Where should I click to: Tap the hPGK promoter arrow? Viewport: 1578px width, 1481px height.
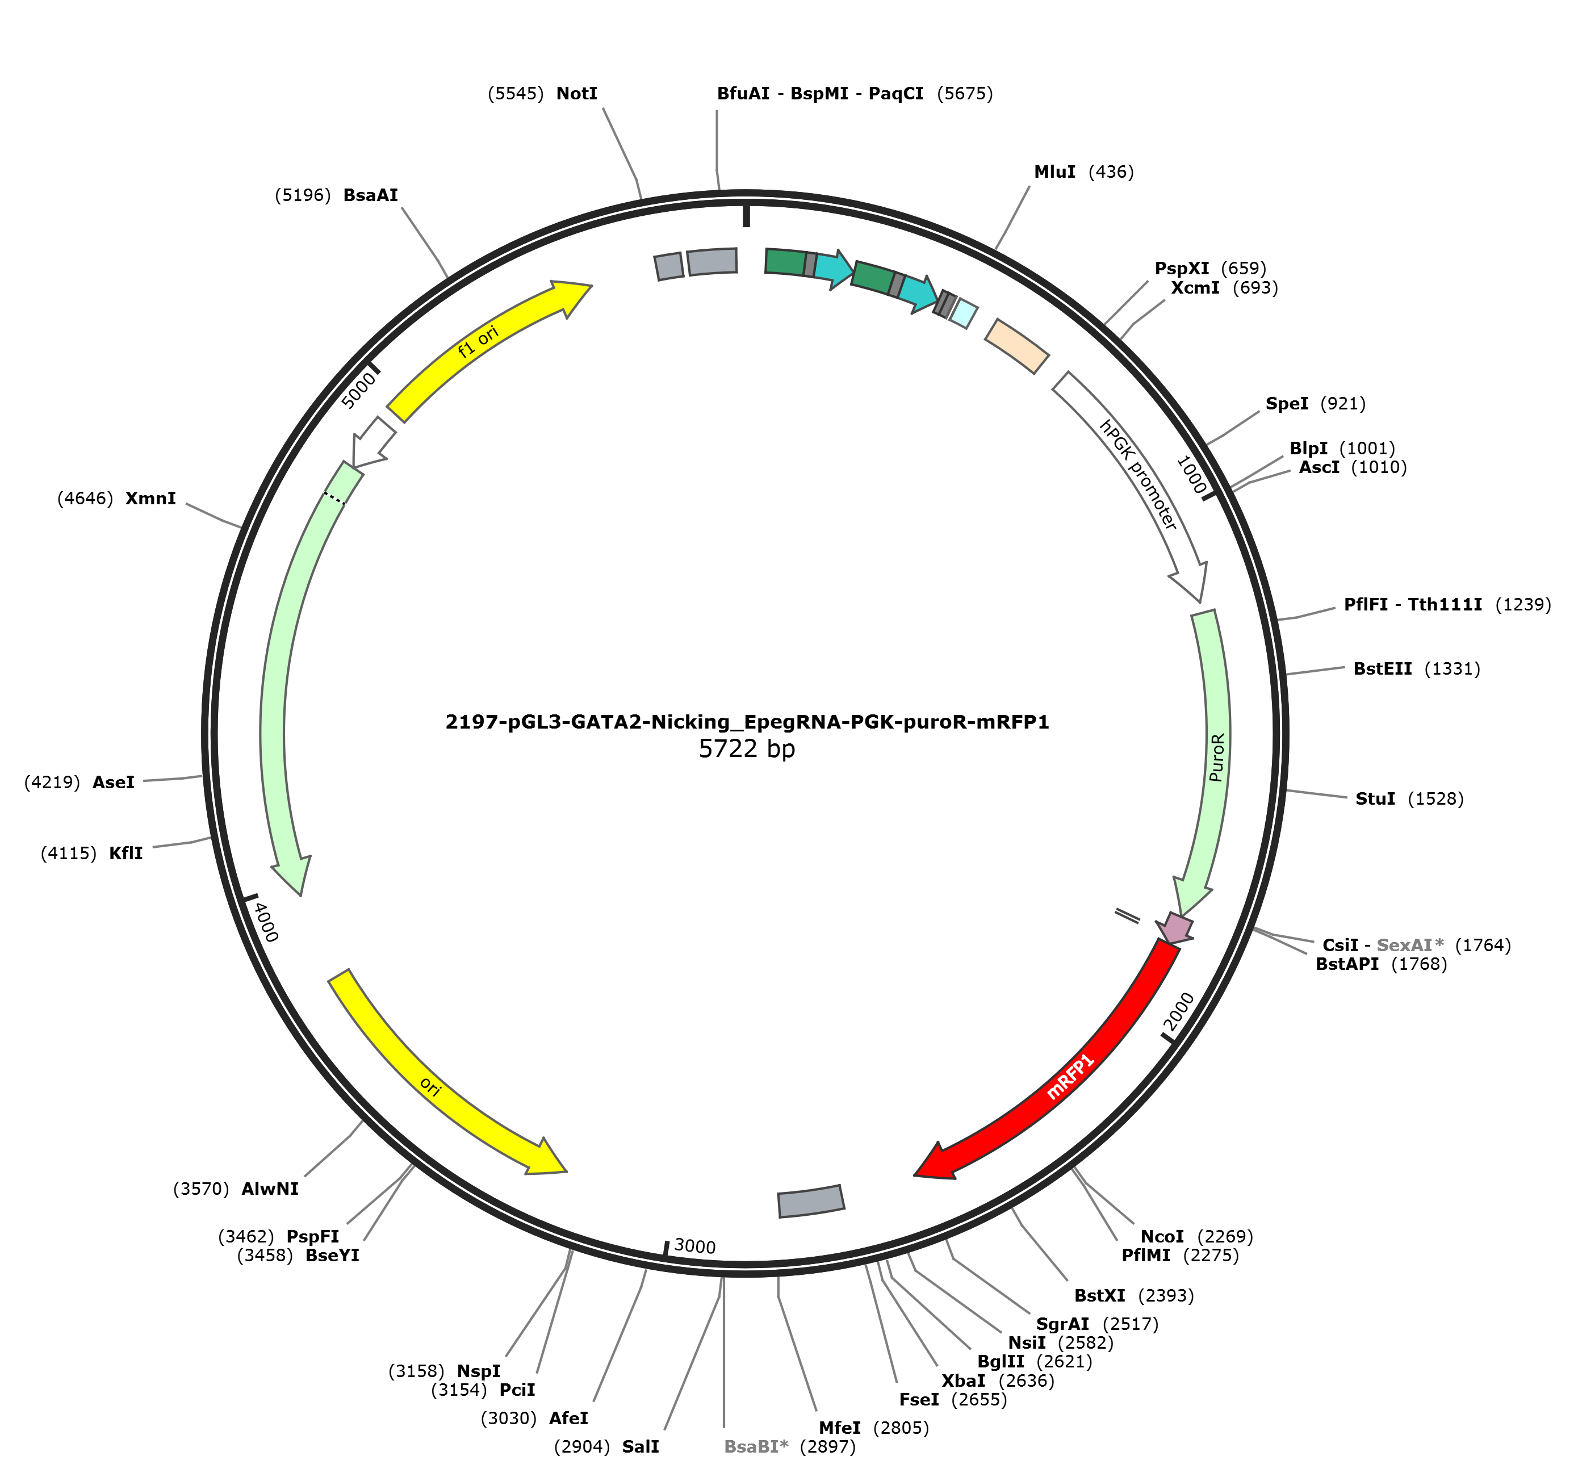click(1143, 476)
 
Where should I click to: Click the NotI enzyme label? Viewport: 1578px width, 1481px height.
click(576, 94)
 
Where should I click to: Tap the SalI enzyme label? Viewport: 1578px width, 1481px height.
click(641, 1446)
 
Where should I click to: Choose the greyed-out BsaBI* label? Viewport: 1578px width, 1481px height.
click(756, 1446)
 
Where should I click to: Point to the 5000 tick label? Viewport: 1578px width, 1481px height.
click(359, 391)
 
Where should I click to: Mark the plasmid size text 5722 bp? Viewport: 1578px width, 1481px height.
click(747, 748)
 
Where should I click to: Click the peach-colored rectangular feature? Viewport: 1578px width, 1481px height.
click(1017, 345)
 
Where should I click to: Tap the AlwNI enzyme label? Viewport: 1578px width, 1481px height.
click(270, 1188)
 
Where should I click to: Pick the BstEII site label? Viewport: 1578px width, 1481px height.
click(1383, 668)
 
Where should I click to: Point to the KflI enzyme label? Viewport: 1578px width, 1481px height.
click(126, 853)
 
